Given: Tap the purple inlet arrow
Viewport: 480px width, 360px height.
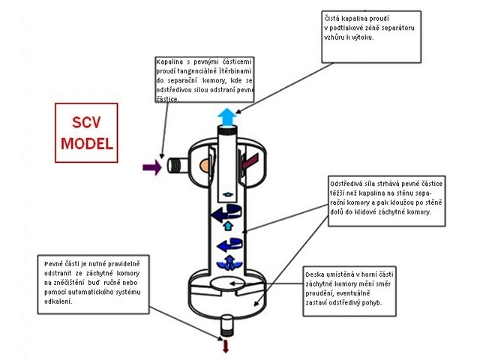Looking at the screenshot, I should point(151,166).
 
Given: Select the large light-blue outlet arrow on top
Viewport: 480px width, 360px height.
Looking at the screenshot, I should point(226,115).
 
